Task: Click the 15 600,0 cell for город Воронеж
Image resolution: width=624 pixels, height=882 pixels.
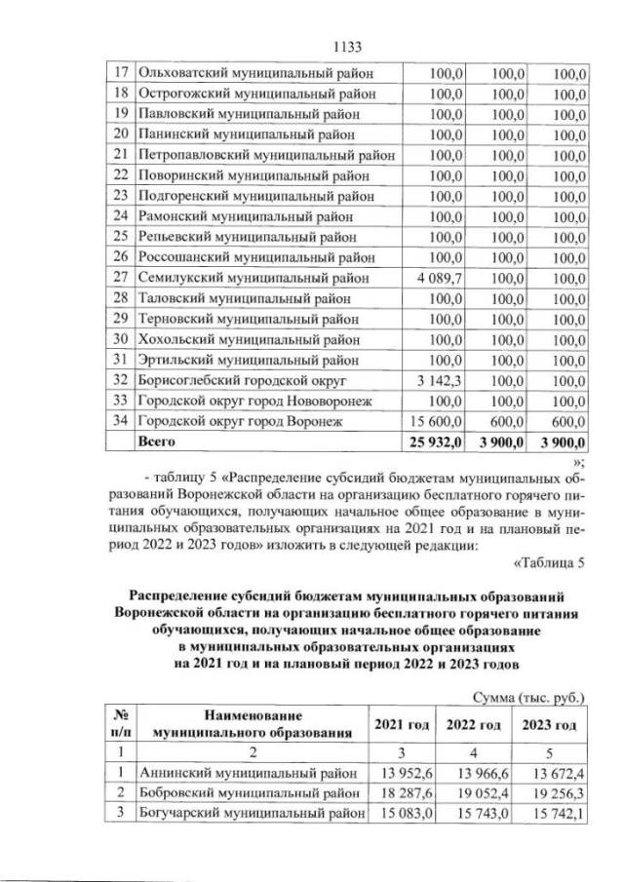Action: (x=438, y=420)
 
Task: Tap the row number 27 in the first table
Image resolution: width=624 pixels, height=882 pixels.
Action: (x=122, y=277)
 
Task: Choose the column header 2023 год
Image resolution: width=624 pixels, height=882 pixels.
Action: (x=552, y=726)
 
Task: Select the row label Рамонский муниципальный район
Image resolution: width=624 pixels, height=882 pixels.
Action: (x=242, y=215)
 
